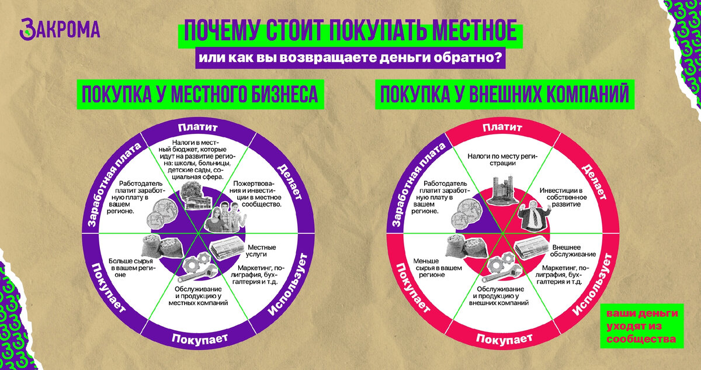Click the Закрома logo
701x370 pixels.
click(60, 29)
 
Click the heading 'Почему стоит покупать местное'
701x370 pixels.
click(350, 33)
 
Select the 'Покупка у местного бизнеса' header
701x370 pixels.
click(200, 94)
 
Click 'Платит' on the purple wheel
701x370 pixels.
click(197, 127)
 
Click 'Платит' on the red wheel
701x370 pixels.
click(502, 127)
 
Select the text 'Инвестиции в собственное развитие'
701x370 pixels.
click(560, 198)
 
